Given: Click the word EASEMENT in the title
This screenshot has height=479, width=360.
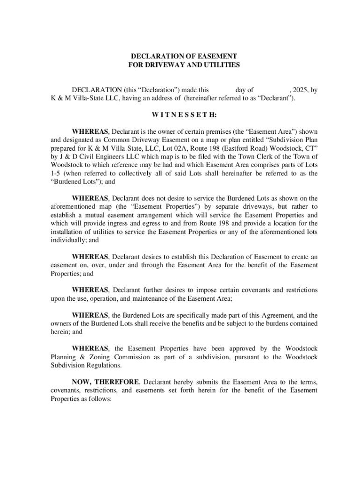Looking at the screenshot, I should click(x=214, y=56).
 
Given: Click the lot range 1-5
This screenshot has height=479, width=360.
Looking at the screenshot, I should click(x=57, y=174).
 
